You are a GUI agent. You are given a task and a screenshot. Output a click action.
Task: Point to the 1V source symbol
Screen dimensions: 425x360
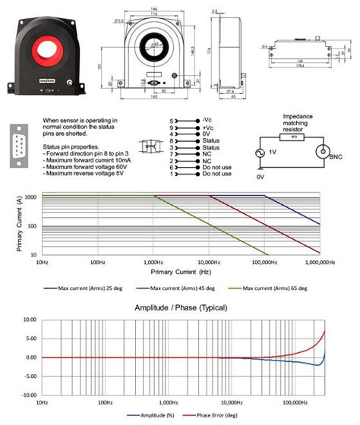click(263, 152)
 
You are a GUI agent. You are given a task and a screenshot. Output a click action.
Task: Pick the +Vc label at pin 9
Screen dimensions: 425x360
click(208, 127)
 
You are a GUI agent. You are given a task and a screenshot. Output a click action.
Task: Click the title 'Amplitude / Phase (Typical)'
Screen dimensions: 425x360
click(180, 308)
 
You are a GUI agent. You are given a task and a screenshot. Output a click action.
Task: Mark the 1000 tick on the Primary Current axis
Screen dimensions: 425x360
click(30, 196)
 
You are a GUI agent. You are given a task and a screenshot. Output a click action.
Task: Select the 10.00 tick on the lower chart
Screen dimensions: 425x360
click(28, 320)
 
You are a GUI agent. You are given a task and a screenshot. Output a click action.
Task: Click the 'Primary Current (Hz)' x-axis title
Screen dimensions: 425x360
click(181, 272)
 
